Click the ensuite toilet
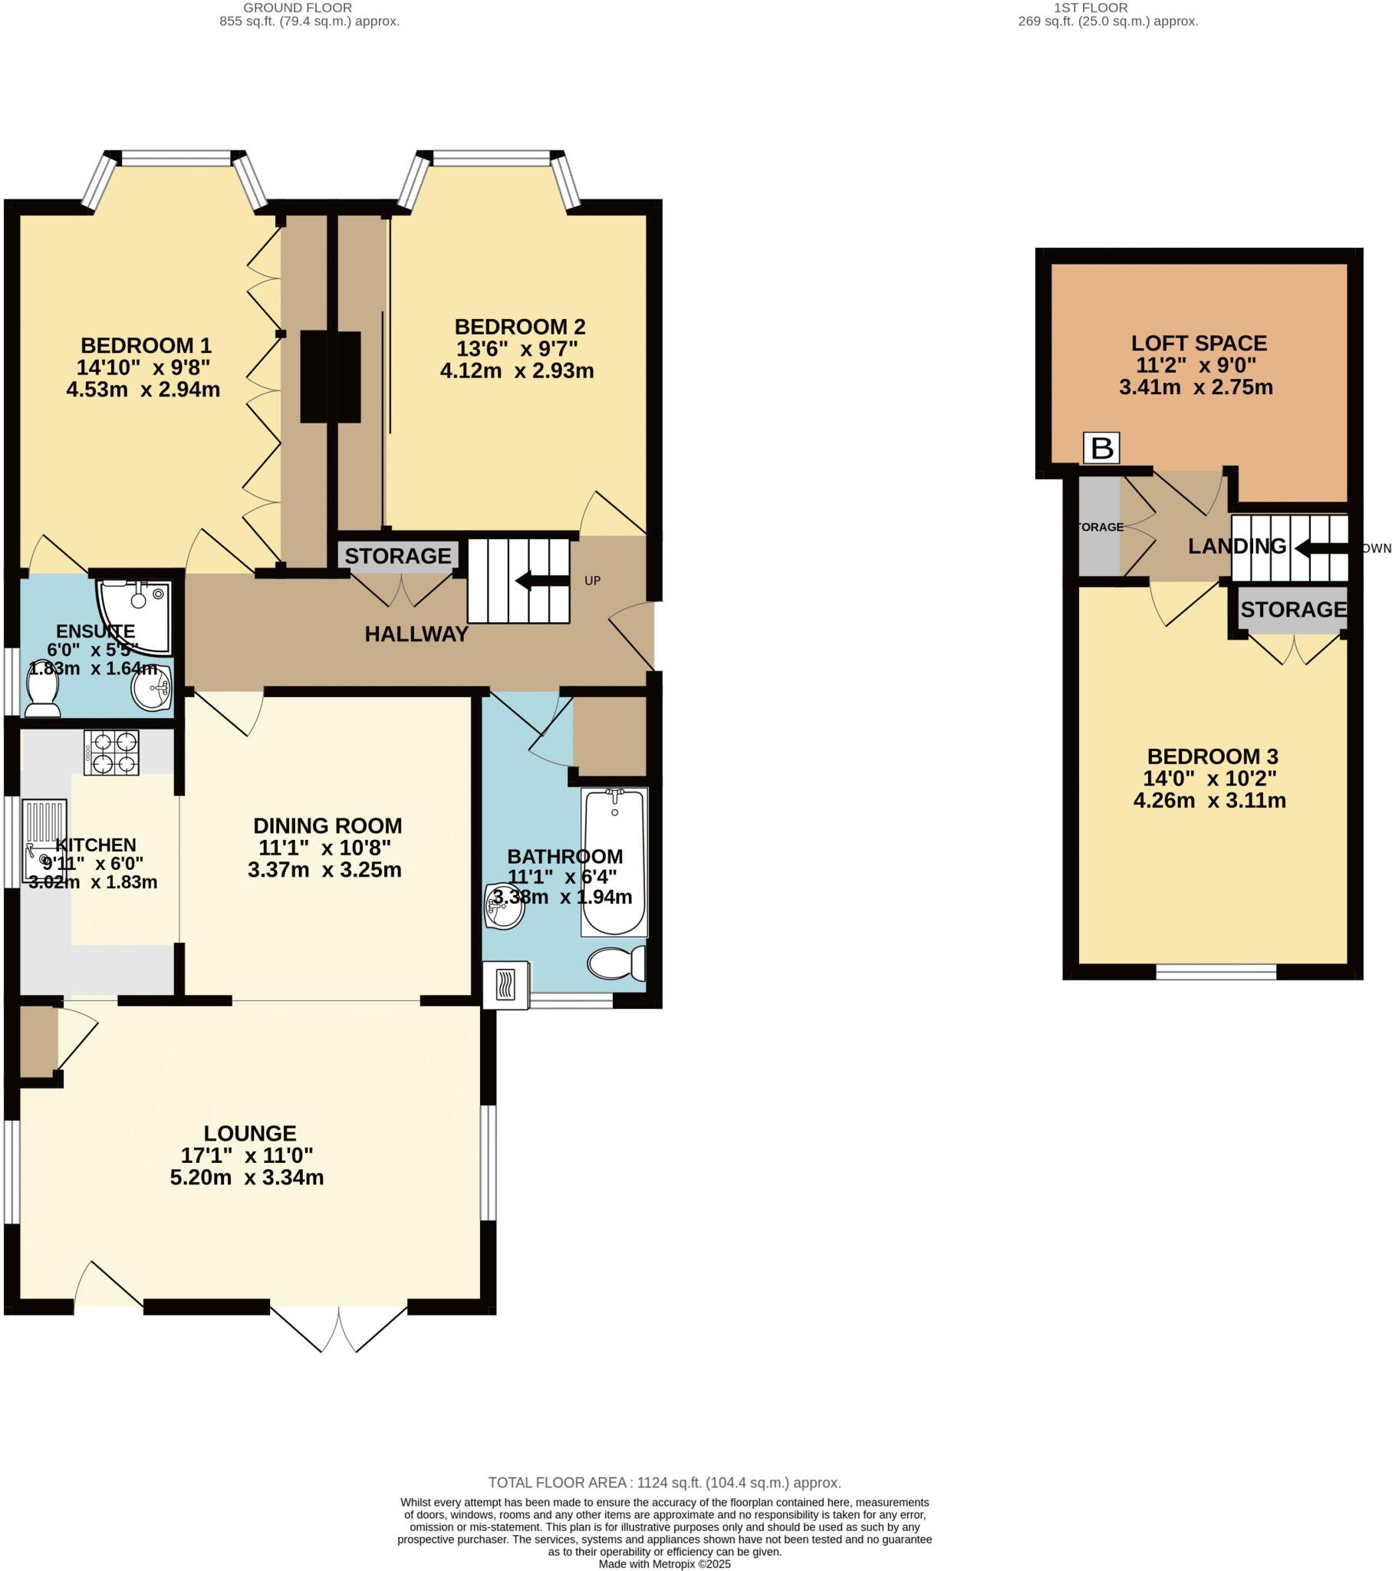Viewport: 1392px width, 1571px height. tap(43, 690)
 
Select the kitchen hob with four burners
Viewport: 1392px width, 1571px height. tap(111, 753)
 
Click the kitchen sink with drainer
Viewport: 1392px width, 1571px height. tap(44, 841)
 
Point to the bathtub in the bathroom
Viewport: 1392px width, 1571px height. tap(614, 861)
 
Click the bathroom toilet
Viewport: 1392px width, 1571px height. tap(617, 963)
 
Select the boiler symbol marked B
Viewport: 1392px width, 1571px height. tap(1101, 448)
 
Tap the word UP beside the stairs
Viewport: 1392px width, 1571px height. tap(592, 581)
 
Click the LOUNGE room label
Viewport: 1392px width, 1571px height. tap(250, 1134)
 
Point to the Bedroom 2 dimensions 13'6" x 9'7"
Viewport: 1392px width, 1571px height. tap(516, 349)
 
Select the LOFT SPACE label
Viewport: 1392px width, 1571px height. tap(1198, 344)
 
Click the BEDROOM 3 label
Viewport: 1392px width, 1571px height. tap(1212, 756)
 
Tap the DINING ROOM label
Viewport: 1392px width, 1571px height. tap(327, 826)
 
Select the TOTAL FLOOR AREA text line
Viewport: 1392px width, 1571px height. tap(664, 1483)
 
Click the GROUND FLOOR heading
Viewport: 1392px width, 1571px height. tap(298, 8)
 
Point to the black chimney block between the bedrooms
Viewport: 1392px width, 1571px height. tap(330, 377)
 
